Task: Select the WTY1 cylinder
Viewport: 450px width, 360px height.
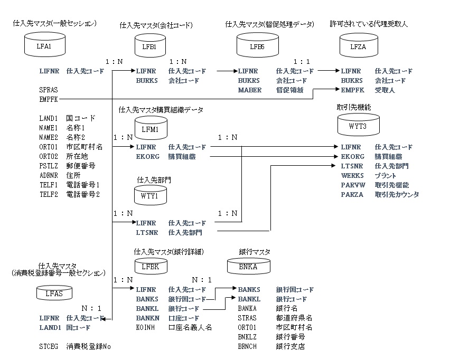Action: point(145,195)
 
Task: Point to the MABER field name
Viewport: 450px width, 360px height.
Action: point(249,90)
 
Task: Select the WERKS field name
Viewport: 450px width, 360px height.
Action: point(351,175)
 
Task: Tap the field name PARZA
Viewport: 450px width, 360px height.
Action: point(352,194)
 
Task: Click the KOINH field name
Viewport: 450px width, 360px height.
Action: point(145,327)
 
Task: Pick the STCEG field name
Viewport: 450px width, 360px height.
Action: point(49,346)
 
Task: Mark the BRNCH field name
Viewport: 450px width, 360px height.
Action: point(247,346)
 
